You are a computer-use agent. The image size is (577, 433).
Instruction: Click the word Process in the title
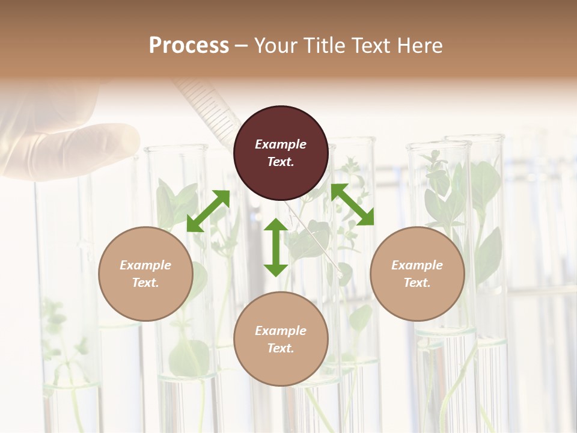189,45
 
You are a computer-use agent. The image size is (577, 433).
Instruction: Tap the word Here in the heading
418,45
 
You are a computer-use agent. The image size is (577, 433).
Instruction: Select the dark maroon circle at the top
281,153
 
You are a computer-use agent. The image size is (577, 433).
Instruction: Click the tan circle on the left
145,274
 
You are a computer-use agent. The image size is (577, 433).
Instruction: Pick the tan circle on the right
417,274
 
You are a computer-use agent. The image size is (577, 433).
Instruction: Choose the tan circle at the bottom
281,339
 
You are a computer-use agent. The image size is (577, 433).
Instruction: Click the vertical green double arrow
276,247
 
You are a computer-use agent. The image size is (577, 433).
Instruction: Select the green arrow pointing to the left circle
208,211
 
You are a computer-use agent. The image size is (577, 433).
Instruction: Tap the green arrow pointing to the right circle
352,205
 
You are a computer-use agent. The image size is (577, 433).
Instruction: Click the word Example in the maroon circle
281,144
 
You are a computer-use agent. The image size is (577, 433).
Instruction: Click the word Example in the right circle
417,265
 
